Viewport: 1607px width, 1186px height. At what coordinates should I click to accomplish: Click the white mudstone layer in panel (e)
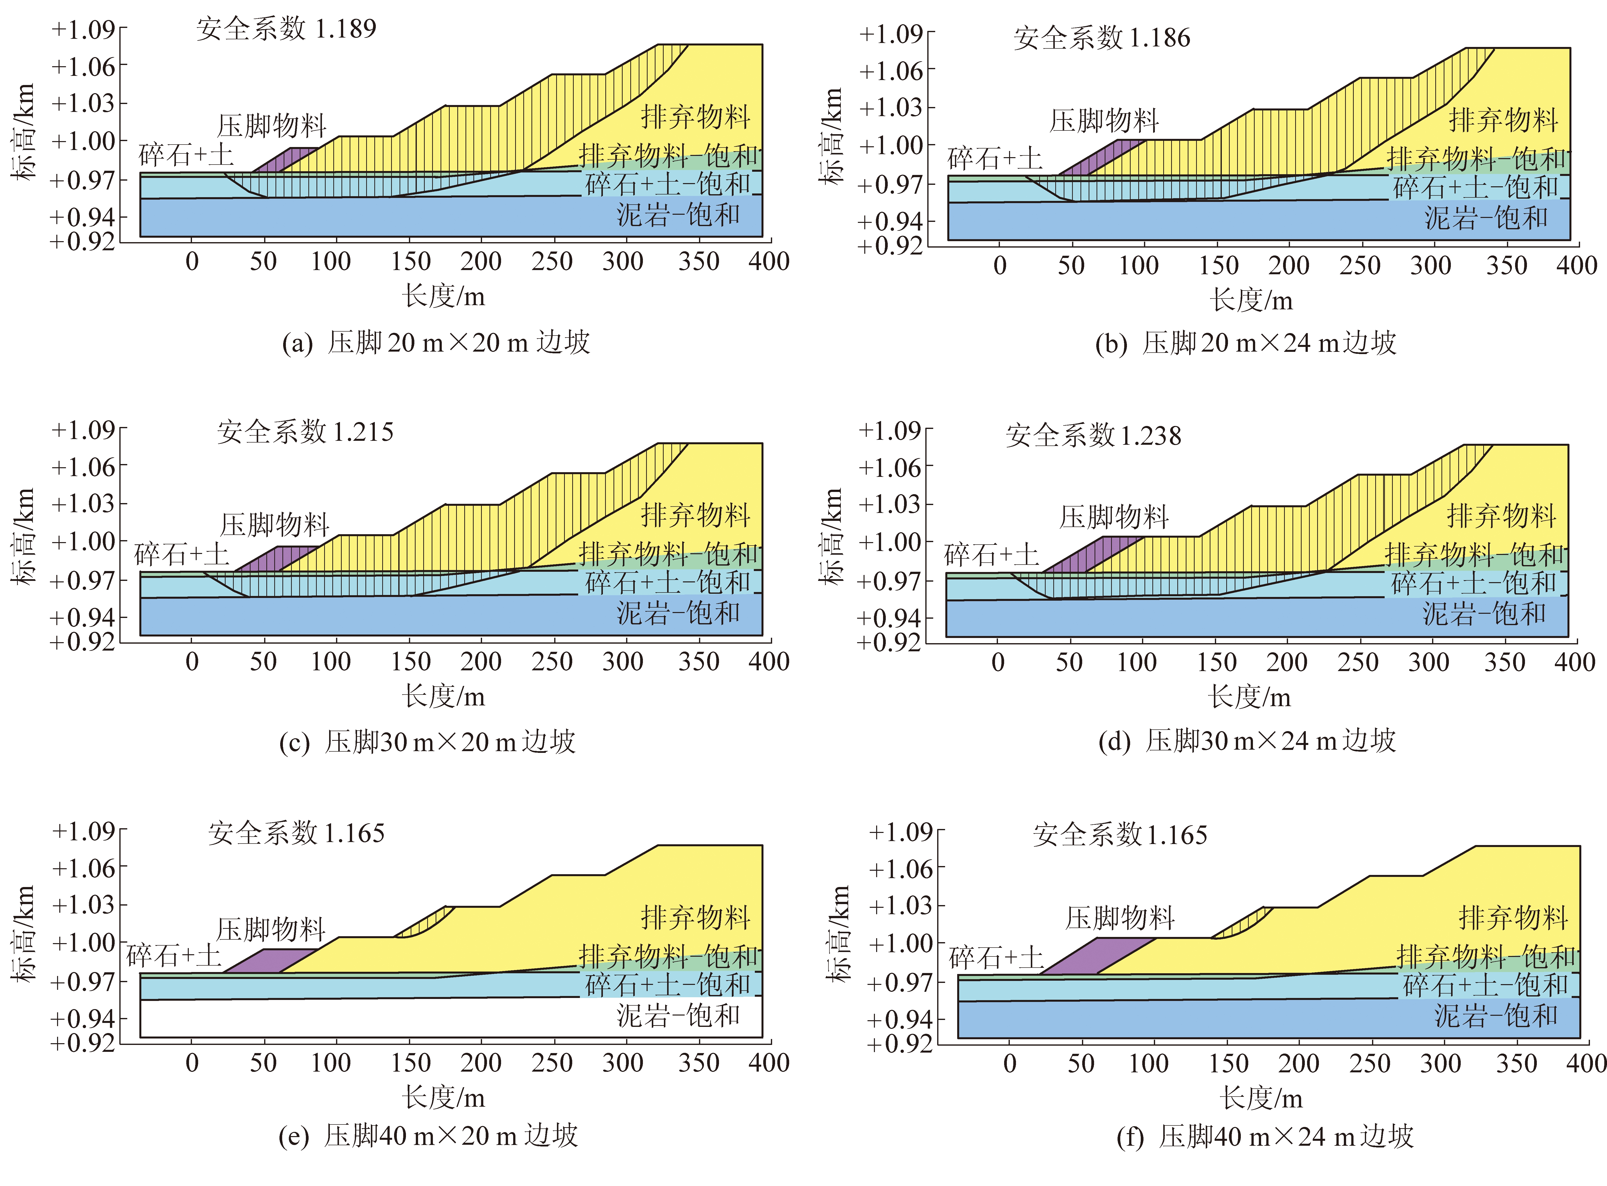click(x=359, y=1018)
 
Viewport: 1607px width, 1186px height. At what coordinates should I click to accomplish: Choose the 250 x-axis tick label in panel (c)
click(x=552, y=661)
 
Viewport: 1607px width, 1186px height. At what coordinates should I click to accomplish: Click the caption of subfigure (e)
click(x=428, y=1136)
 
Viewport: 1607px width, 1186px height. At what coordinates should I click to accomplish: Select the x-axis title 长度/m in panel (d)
click(x=1249, y=696)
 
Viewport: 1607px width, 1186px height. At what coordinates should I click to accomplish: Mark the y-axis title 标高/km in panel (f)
click(x=837, y=933)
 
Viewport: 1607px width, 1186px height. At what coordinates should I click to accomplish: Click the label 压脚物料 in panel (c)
click(x=274, y=525)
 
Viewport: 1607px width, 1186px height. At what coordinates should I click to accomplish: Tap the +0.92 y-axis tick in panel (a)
click(x=83, y=242)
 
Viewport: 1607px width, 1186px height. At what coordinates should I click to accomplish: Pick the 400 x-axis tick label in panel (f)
click(x=1586, y=1063)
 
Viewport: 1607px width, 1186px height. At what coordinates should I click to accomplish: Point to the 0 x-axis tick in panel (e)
click(x=192, y=1063)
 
